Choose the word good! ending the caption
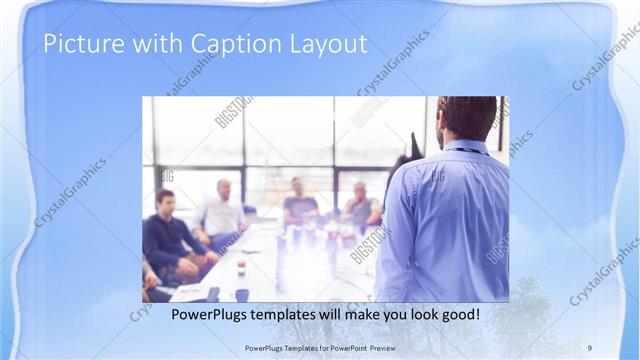(459, 314)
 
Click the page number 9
(591, 347)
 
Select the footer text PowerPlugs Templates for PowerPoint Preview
(319, 347)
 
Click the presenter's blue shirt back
(445, 220)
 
